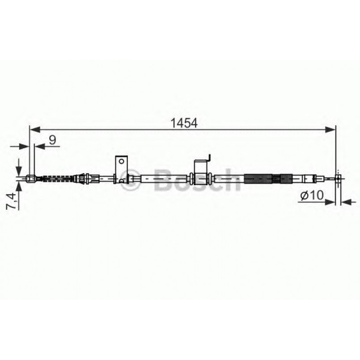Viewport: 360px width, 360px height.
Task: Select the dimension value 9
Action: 52,140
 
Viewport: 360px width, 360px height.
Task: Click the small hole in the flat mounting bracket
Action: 121,161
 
